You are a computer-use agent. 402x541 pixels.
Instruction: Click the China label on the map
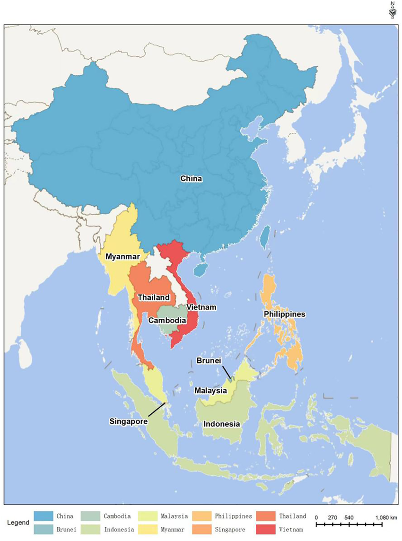point(191,179)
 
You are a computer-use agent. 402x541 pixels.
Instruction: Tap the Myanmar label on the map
point(123,257)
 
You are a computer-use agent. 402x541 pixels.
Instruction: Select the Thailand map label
point(153,298)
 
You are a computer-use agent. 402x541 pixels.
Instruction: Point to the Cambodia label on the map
point(166,320)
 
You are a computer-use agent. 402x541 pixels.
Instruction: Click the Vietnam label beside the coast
point(201,307)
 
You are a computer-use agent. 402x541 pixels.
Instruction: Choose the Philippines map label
point(285,314)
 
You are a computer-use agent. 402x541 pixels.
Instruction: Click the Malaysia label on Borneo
point(211,391)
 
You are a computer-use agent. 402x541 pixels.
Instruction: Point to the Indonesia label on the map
point(221,424)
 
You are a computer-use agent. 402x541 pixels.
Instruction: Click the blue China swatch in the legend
point(43,516)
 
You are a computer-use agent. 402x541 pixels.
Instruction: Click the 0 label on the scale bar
point(316,517)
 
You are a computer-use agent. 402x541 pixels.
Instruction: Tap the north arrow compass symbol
point(392,10)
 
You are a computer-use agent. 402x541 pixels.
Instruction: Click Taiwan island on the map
point(266,237)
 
